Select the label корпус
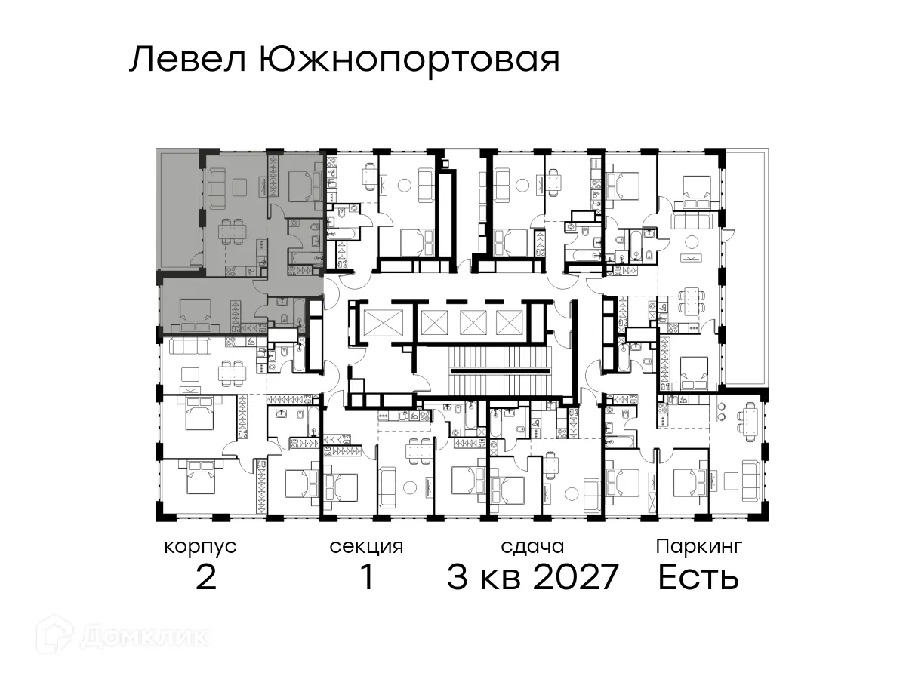(x=200, y=546)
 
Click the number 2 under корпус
(x=206, y=578)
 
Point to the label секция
(x=366, y=546)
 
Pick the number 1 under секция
(x=367, y=578)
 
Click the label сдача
(x=532, y=546)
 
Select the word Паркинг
(x=699, y=546)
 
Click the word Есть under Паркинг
(x=698, y=578)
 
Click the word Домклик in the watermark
(x=143, y=636)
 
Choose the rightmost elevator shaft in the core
(x=507, y=322)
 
